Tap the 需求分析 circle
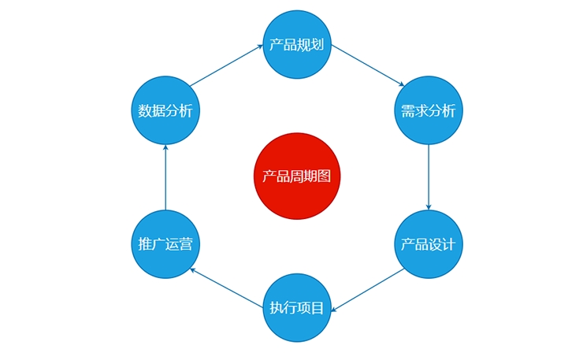click(428, 110)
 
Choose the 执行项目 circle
click(296, 308)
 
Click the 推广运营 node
click(165, 244)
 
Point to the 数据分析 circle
click(165, 110)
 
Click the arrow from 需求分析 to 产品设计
click(428, 176)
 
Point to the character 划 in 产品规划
click(317, 45)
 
